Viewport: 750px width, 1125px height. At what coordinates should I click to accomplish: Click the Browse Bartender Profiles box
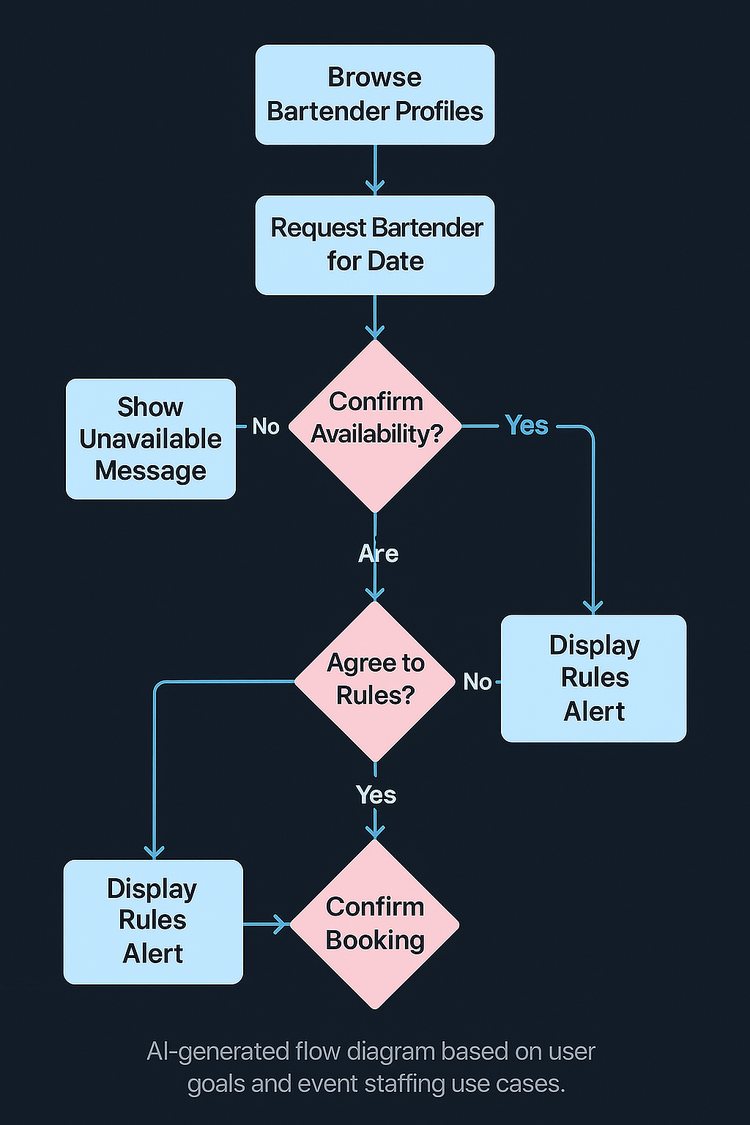pos(374,94)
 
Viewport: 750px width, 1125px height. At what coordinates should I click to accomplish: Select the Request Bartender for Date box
pos(374,245)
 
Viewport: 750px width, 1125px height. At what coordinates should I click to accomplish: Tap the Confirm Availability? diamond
pos(375,426)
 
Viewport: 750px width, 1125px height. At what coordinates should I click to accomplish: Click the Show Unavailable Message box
pos(151,439)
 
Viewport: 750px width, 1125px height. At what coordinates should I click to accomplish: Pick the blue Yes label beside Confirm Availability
pos(527,426)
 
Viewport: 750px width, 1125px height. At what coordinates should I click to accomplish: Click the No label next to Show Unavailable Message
pos(265,426)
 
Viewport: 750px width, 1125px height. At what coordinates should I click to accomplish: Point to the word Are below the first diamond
pos(378,554)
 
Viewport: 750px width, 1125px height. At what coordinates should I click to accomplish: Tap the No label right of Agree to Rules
pos(477,682)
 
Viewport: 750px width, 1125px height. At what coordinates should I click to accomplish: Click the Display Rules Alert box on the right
pos(593,678)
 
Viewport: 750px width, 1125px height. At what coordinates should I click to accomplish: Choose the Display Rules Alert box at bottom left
pos(152,921)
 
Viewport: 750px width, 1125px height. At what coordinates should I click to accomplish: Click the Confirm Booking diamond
pos(375,924)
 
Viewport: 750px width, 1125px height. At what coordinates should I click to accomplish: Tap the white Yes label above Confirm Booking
pos(376,795)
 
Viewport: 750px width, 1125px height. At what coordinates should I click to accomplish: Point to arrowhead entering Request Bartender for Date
pos(375,187)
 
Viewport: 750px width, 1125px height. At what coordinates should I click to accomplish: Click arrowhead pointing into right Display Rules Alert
pos(593,606)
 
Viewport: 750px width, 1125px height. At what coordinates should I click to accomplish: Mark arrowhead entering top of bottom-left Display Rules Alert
pos(154,852)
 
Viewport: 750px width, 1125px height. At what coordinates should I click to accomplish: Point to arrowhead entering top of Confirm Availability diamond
pos(375,333)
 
